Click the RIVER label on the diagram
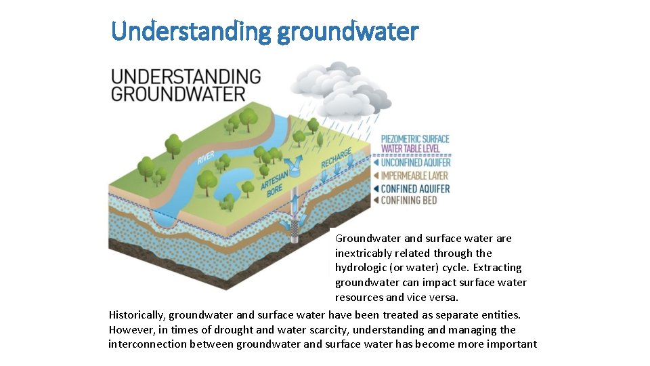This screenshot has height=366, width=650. (x=206, y=157)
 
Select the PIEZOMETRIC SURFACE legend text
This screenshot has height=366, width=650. (x=415, y=139)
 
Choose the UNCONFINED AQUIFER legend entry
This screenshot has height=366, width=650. (x=415, y=163)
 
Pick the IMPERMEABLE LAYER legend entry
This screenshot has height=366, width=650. (x=415, y=176)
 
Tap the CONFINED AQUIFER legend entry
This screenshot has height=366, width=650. (x=415, y=188)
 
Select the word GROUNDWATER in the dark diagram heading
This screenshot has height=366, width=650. (x=177, y=93)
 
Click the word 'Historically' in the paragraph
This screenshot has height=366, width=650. (x=136, y=315)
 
